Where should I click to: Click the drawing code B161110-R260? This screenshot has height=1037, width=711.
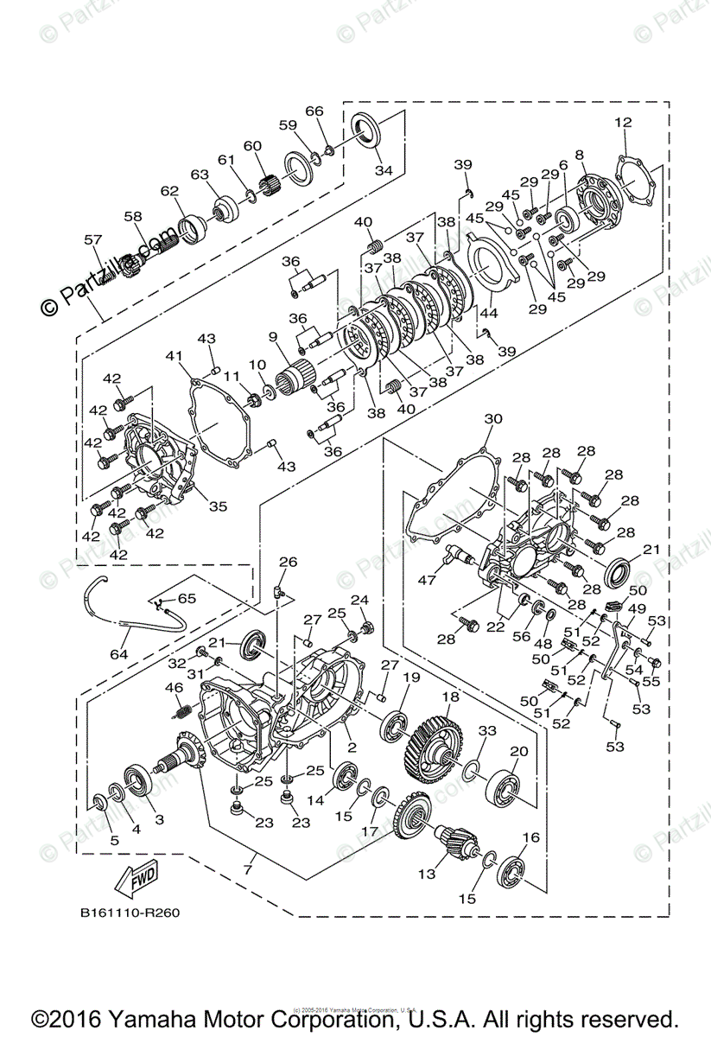(x=130, y=913)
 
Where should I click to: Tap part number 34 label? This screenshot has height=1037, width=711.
(x=383, y=171)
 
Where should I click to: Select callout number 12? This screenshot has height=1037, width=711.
(x=623, y=122)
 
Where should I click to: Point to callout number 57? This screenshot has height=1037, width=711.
(x=92, y=239)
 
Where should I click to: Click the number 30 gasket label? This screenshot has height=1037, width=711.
(x=492, y=418)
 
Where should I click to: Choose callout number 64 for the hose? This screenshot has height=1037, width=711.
(x=118, y=654)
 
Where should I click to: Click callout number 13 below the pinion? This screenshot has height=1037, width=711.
(x=427, y=875)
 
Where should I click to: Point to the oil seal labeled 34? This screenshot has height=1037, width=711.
(x=367, y=131)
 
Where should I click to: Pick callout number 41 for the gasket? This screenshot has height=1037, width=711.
(x=176, y=355)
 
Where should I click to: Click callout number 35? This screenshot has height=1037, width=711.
(x=218, y=506)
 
